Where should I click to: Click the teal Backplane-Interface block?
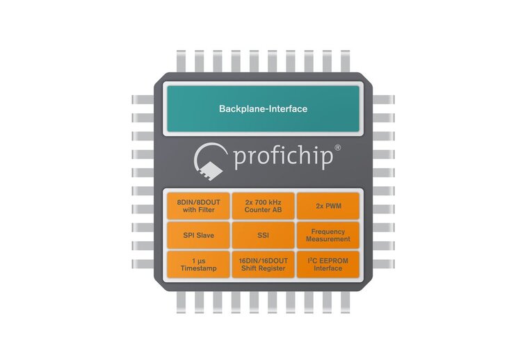263,108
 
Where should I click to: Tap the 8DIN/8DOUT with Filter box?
198,206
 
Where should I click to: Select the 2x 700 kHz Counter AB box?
263,206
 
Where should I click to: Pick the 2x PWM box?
328,206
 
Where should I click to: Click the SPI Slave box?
198,235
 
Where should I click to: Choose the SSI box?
263,235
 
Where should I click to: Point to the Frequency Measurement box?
328,235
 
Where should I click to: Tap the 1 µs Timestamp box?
198,265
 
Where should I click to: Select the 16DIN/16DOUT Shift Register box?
263,265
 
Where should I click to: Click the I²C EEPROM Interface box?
328,265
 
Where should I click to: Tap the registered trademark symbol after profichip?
338,147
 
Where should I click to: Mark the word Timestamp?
199,268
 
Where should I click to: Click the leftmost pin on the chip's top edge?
181,61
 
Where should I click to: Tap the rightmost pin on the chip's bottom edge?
346,302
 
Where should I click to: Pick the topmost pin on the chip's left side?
143,99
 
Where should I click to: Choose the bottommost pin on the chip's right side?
383,264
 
